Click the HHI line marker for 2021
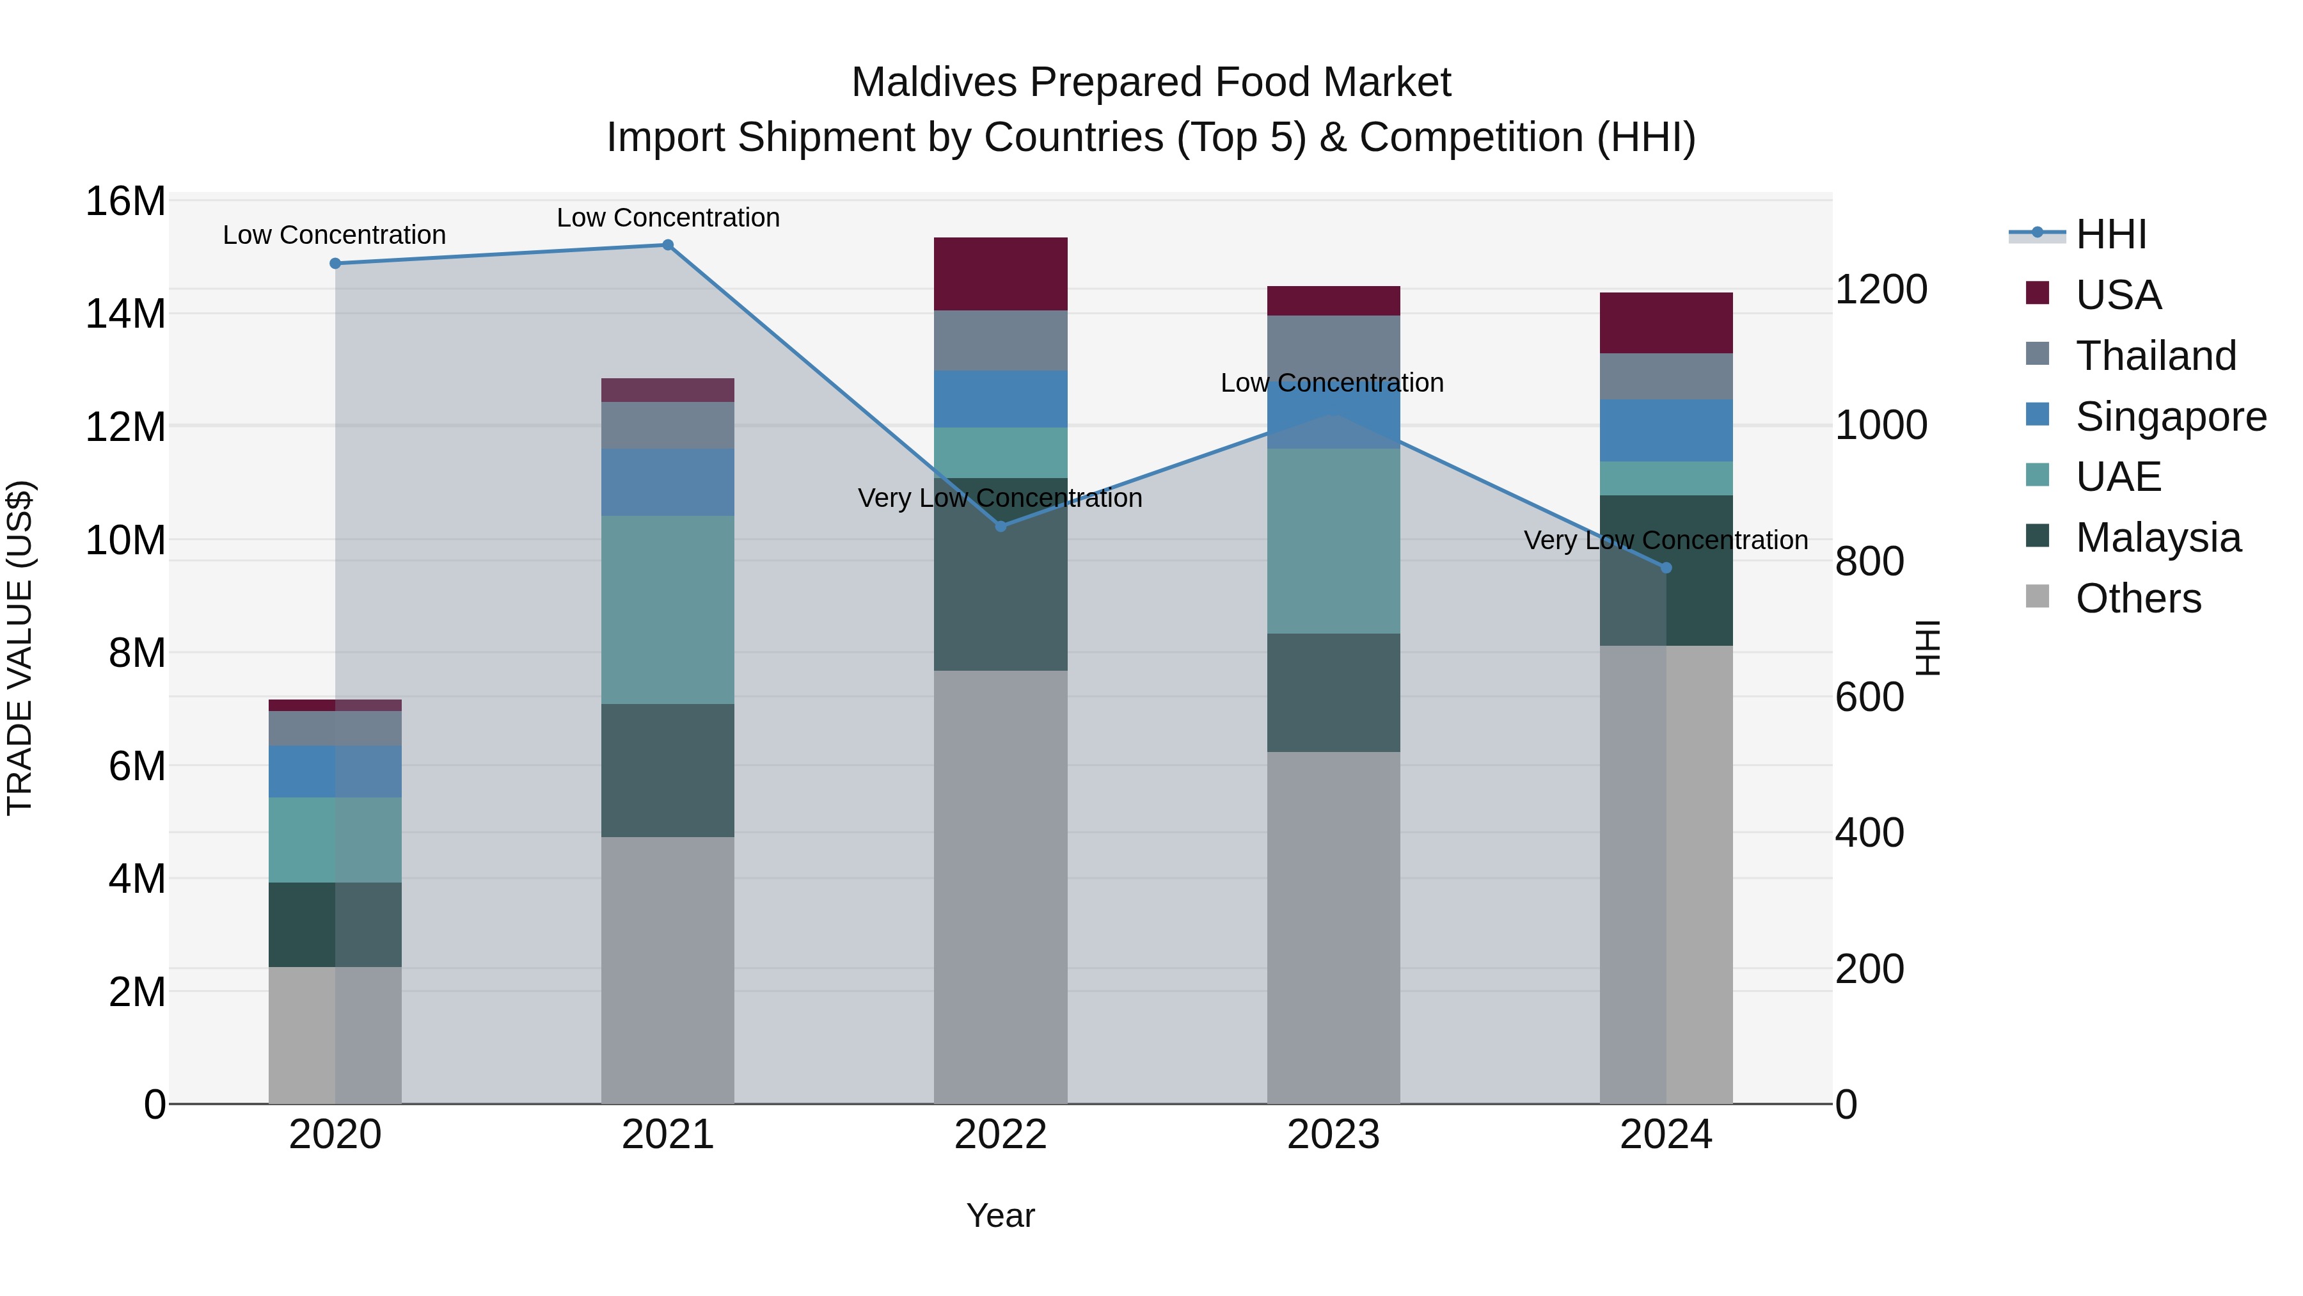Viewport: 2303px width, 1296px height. [668, 245]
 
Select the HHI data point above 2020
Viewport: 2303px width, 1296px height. [335, 264]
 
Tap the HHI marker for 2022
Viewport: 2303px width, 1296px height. [1001, 527]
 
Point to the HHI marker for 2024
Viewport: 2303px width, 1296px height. [1666, 568]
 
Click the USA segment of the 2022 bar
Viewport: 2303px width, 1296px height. [1001, 275]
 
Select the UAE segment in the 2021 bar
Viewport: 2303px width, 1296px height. [668, 610]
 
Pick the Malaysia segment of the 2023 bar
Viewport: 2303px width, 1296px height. [1333, 693]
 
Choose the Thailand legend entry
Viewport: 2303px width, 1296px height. [2155, 356]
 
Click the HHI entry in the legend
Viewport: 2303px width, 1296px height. [2110, 234]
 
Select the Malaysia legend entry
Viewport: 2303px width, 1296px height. [2157, 538]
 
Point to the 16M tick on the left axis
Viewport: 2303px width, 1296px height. [125, 201]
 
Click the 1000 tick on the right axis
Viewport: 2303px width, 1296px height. [1881, 426]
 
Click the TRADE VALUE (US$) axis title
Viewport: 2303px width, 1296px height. [20, 648]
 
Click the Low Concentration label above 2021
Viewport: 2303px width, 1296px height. [668, 218]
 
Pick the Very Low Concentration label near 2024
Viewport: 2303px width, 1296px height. [1666, 541]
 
